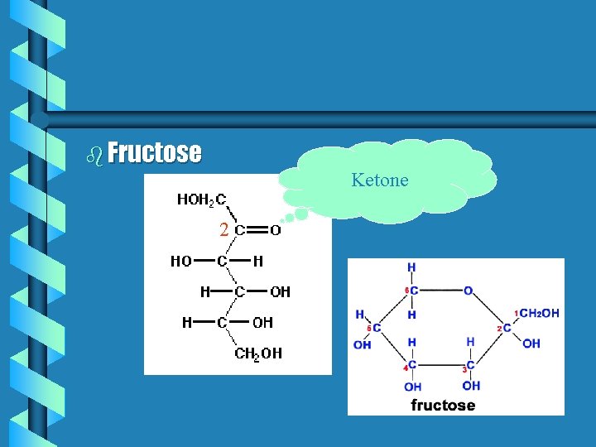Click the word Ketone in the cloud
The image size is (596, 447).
(380, 180)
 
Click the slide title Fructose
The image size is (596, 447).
(154, 152)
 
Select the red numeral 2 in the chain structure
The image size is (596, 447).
(223, 230)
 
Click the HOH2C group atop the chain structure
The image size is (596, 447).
(201, 199)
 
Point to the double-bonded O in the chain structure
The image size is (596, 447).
(276, 230)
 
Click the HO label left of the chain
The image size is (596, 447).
(181, 261)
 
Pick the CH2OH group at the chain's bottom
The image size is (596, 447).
(258, 353)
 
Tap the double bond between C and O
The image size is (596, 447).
(257, 230)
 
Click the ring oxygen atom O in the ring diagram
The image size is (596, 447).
(468, 291)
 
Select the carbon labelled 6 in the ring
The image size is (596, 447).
(414, 291)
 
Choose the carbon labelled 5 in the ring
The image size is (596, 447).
(376, 328)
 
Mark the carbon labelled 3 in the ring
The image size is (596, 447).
(470, 365)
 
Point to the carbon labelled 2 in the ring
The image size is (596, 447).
(507, 328)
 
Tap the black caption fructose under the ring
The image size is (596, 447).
(443, 405)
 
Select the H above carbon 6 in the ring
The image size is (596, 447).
(411, 267)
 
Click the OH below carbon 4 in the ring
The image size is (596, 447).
(413, 387)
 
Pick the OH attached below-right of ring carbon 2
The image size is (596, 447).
(531, 344)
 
